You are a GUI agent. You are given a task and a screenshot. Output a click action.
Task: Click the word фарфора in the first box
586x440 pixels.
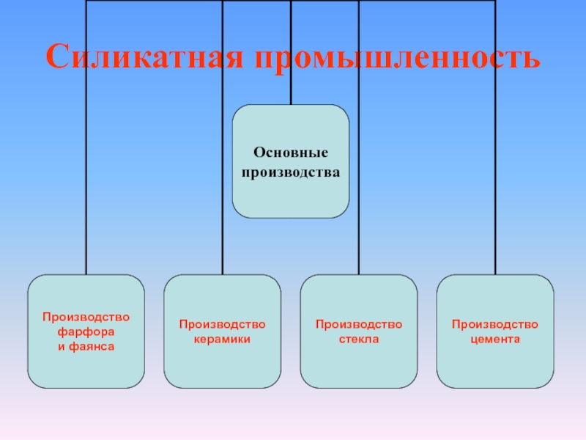click(86, 331)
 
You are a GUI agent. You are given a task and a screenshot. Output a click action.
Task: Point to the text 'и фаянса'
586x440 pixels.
click(86, 345)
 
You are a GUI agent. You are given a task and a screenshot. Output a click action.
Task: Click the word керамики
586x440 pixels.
click(222, 339)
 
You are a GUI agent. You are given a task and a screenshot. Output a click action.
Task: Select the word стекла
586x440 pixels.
click(359, 339)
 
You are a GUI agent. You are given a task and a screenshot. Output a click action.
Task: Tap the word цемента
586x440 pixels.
click(495, 339)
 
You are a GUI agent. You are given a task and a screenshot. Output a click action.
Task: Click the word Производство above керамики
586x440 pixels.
click(222, 324)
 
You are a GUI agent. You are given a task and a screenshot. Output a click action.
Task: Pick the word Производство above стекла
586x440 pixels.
click(359, 324)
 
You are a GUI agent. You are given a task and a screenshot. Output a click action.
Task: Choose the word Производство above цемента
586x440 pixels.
click(495, 324)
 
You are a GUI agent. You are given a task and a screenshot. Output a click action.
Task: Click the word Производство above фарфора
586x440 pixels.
click(86, 317)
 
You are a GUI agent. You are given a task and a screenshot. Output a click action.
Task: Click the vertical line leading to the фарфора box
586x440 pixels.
click(86, 183)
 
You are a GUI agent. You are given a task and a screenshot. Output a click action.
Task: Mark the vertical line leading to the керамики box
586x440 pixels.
click(223, 183)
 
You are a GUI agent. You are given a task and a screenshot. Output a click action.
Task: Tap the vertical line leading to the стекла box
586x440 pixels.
click(359, 183)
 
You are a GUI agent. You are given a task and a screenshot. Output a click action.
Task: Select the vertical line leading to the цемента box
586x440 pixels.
click(495, 183)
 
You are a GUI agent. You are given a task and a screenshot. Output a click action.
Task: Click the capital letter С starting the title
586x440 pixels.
click(56, 56)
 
